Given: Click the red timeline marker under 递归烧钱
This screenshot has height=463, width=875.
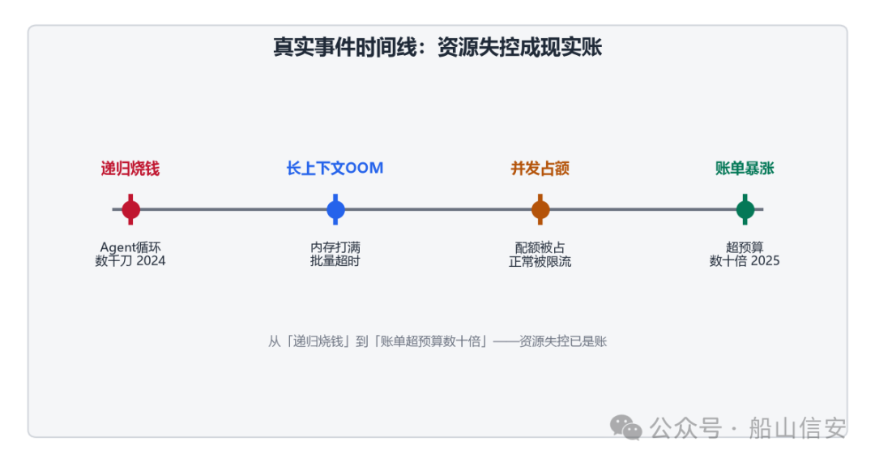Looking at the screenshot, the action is pyautogui.click(x=130, y=209).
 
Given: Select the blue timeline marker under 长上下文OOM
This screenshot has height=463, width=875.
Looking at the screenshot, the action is pyautogui.click(x=335, y=209).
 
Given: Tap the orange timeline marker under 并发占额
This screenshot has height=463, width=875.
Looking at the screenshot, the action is pyautogui.click(x=540, y=209).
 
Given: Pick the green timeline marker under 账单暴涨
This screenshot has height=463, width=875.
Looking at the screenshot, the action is pyautogui.click(x=745, y=209).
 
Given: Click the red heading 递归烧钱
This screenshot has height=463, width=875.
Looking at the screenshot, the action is pyautogui.click(x=130, y=168).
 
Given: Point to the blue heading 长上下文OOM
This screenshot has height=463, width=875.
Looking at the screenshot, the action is pyautogui.click(x=335, y=168).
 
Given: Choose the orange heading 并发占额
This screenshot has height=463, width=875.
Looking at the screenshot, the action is pyautogui.click(x=540, y=168).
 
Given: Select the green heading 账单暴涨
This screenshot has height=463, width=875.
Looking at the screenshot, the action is pyautogui.click(x=745, y=168).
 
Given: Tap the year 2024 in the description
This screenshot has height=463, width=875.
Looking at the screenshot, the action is pyautogui.click(x=151, y=261).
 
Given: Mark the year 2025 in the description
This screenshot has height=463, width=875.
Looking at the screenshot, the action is pyautogui.click(x=765, y=261).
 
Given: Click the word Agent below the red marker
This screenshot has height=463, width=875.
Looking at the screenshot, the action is pyautogui.click(x=117, y=247).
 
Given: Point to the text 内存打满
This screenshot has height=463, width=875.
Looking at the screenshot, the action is pyautogui.click(x=335, y=247).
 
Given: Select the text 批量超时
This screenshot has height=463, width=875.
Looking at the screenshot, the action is pyautogui.click(x=335, y=261).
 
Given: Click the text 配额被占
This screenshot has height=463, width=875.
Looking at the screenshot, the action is pyautogui.click(x=540, y=247).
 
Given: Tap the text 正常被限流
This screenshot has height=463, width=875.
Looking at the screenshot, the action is pyautogui.click(x=540, y=261).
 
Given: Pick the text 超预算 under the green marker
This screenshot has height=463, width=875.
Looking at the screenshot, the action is pyautogui.click(x=745, y=247).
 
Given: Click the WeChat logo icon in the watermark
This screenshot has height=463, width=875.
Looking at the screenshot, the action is pyautogui.click(x=625, y=428).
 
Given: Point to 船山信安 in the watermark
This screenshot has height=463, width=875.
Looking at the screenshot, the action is pyautogui.click(x=797, y=428).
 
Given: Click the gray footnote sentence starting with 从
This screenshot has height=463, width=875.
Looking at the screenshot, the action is pyautogui.click(x=437, y=341).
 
